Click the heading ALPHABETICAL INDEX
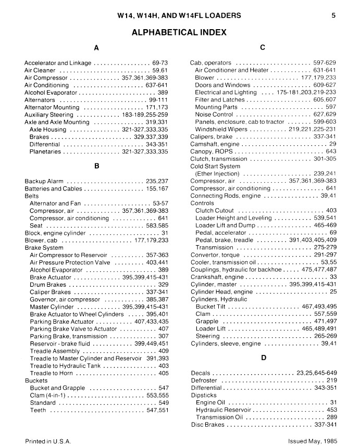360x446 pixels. [179, 32]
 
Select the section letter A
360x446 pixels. [96, 48]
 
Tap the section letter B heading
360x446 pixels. [96, 166]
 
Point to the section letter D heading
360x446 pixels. [263, 358]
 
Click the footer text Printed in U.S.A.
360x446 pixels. [47, 440]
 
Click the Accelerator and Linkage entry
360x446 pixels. [58, 63]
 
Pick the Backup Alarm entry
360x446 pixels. [44, 181]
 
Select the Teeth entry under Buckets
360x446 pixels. [39, 410]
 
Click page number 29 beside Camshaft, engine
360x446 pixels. [332, 144]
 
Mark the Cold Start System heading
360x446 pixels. [215, 167]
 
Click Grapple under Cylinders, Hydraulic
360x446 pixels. [207, 322]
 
